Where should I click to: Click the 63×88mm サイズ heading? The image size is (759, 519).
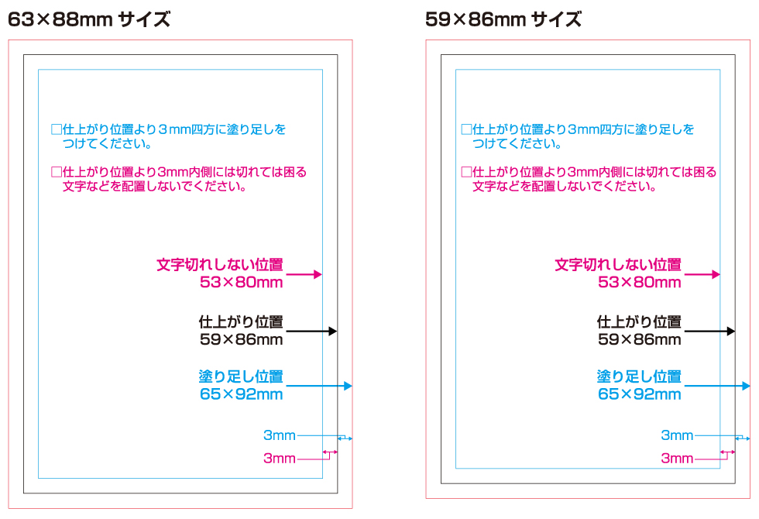(x=89, y=19)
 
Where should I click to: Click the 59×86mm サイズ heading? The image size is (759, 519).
(x=503, y=19)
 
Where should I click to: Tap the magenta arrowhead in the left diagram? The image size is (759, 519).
(x=318, y=274)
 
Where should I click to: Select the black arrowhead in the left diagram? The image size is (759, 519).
(x=333, y=331)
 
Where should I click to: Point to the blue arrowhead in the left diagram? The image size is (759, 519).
(x=348, y=386)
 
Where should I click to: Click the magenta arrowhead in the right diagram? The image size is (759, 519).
(x=716, y=274)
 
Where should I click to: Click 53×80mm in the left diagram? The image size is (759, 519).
(x=241, y=283)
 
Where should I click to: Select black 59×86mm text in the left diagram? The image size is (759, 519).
(x=241, y=339)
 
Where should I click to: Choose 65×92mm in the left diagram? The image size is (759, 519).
(x=241, y=394)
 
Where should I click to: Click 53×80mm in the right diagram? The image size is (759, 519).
(x=640, y=283)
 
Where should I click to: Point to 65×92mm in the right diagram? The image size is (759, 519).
(x=640, y=394)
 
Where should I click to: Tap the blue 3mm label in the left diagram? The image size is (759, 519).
(x=280, y=435)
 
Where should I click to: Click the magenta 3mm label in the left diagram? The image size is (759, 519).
(x=280, y=459)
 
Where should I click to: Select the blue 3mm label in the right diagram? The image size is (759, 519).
(x=677, y=435)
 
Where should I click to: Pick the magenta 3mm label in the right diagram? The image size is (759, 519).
(x=677, y=459)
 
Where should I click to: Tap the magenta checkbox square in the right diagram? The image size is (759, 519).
(x=466, y=172)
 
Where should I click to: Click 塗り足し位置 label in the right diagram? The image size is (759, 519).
(x=640, y=377)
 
